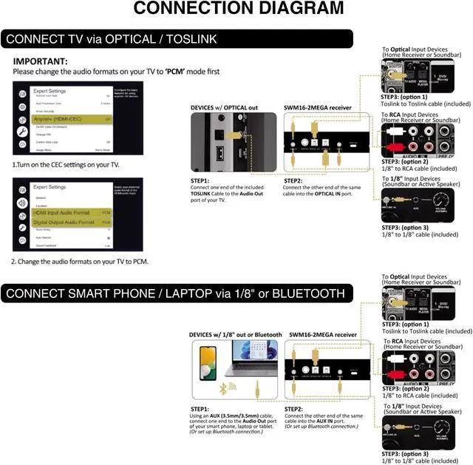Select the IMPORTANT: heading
pos(41,61)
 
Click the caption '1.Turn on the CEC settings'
pos(66,164)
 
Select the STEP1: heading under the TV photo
pos(201,180)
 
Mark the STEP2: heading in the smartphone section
pos(295,408)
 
